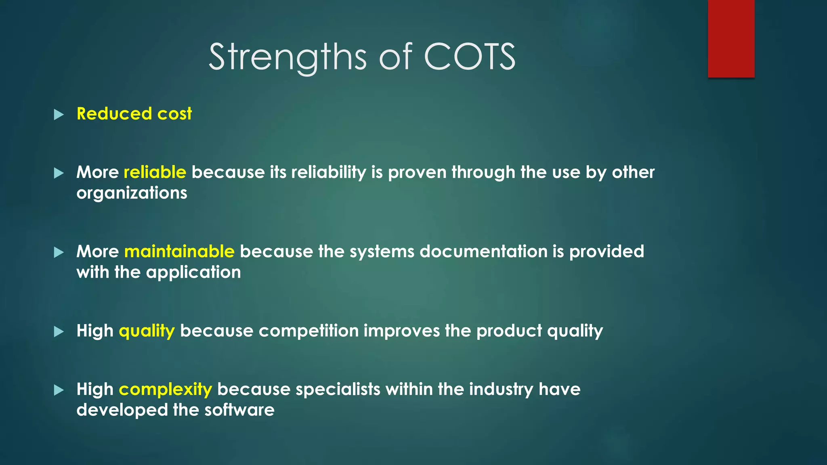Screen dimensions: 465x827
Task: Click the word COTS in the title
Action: [469, 57]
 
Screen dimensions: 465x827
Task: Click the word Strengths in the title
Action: [288, 58]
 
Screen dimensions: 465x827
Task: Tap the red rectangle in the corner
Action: [731, 38]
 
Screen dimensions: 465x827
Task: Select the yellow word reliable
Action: [155, 172]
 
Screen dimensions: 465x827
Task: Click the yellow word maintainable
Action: [179, 251]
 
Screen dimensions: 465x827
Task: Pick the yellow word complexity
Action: [165, 390]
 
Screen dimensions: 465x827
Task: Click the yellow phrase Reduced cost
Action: [134, 114]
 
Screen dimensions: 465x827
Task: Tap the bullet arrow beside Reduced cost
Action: [59, 115]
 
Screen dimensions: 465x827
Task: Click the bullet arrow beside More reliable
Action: [59, 174]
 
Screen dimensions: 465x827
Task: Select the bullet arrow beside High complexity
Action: [59, 390]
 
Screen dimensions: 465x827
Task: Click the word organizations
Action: [132, 193]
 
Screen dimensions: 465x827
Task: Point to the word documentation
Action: [483, 251]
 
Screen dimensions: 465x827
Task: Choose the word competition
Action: [309, 331]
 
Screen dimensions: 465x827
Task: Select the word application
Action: [193, 272]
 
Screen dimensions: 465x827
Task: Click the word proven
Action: [417, 173]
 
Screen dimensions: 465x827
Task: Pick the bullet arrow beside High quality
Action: [59, 332]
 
